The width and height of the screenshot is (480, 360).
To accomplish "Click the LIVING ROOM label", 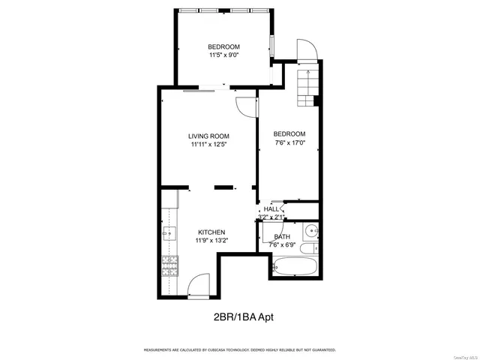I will coord(208,136).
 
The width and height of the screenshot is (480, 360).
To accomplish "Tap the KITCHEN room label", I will coord(211,232).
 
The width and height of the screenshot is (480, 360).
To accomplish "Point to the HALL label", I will coord(271,209).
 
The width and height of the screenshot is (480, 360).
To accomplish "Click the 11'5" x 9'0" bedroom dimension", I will coord(223,55).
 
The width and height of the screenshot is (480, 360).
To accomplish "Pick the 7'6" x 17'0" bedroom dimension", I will coord(289,142).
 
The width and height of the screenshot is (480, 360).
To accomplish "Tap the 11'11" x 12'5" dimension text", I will coord(208,144).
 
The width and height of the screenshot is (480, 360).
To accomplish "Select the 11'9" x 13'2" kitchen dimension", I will coord(211,241).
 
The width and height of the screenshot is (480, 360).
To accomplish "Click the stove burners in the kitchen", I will coord(169,264).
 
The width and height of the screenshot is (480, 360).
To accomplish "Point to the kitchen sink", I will coord(169,233).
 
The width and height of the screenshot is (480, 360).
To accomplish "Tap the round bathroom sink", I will coord(311,231).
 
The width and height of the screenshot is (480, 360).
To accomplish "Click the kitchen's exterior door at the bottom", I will coord(198,285).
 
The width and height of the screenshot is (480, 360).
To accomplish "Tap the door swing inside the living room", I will coord(245,107).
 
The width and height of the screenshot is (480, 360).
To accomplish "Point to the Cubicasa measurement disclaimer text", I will coord(239,349).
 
